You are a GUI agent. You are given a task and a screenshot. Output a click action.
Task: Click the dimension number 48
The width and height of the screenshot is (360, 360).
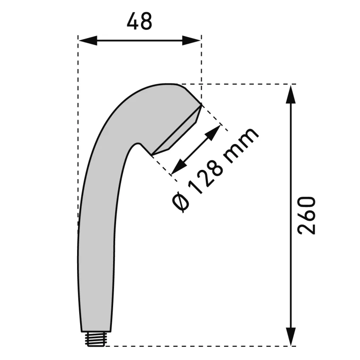click(x=139, y=21)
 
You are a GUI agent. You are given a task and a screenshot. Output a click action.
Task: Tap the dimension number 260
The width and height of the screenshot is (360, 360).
click(x=307, y=215)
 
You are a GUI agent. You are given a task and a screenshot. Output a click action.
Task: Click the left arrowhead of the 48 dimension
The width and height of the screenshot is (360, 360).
click(x=88, y=40)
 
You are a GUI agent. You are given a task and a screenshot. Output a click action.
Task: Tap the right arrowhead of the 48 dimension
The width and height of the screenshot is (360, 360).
click(x=191, y=40)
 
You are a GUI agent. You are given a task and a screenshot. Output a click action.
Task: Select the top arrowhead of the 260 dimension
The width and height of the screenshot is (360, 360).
click(x=291, y=94)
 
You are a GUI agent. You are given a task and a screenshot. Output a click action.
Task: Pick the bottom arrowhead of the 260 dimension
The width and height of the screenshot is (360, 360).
click(x=291, y=336)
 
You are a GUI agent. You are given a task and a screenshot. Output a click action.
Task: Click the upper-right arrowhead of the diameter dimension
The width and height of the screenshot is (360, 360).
click(x=213, y=133)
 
